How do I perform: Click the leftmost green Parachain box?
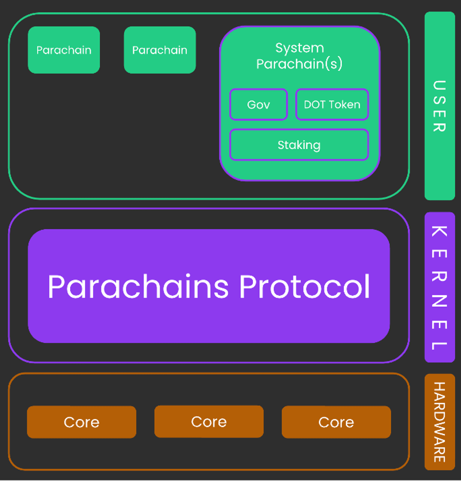tap(64, 50)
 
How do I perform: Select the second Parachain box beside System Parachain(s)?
tap(160, 50)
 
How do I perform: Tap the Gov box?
tap(258, 105)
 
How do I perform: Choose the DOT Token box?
tap(332, 105)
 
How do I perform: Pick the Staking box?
tap(299, 145)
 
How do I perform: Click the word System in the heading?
tap(300, 48)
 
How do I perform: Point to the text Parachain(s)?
tap(299, 64)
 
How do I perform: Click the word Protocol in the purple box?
tap(304, 287)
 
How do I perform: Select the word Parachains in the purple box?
tap(138, 287)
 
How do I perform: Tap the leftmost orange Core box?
tap(82, 422)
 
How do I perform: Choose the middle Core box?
tap(209, 422)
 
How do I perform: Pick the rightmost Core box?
tap(336, 422)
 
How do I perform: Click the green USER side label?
tap(440, 106)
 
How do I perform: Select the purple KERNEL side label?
tap(440, 287)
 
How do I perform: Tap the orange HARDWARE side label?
tap(440, 422)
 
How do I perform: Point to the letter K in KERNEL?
tap(439, 232)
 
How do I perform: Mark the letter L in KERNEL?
tap(439, 345)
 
